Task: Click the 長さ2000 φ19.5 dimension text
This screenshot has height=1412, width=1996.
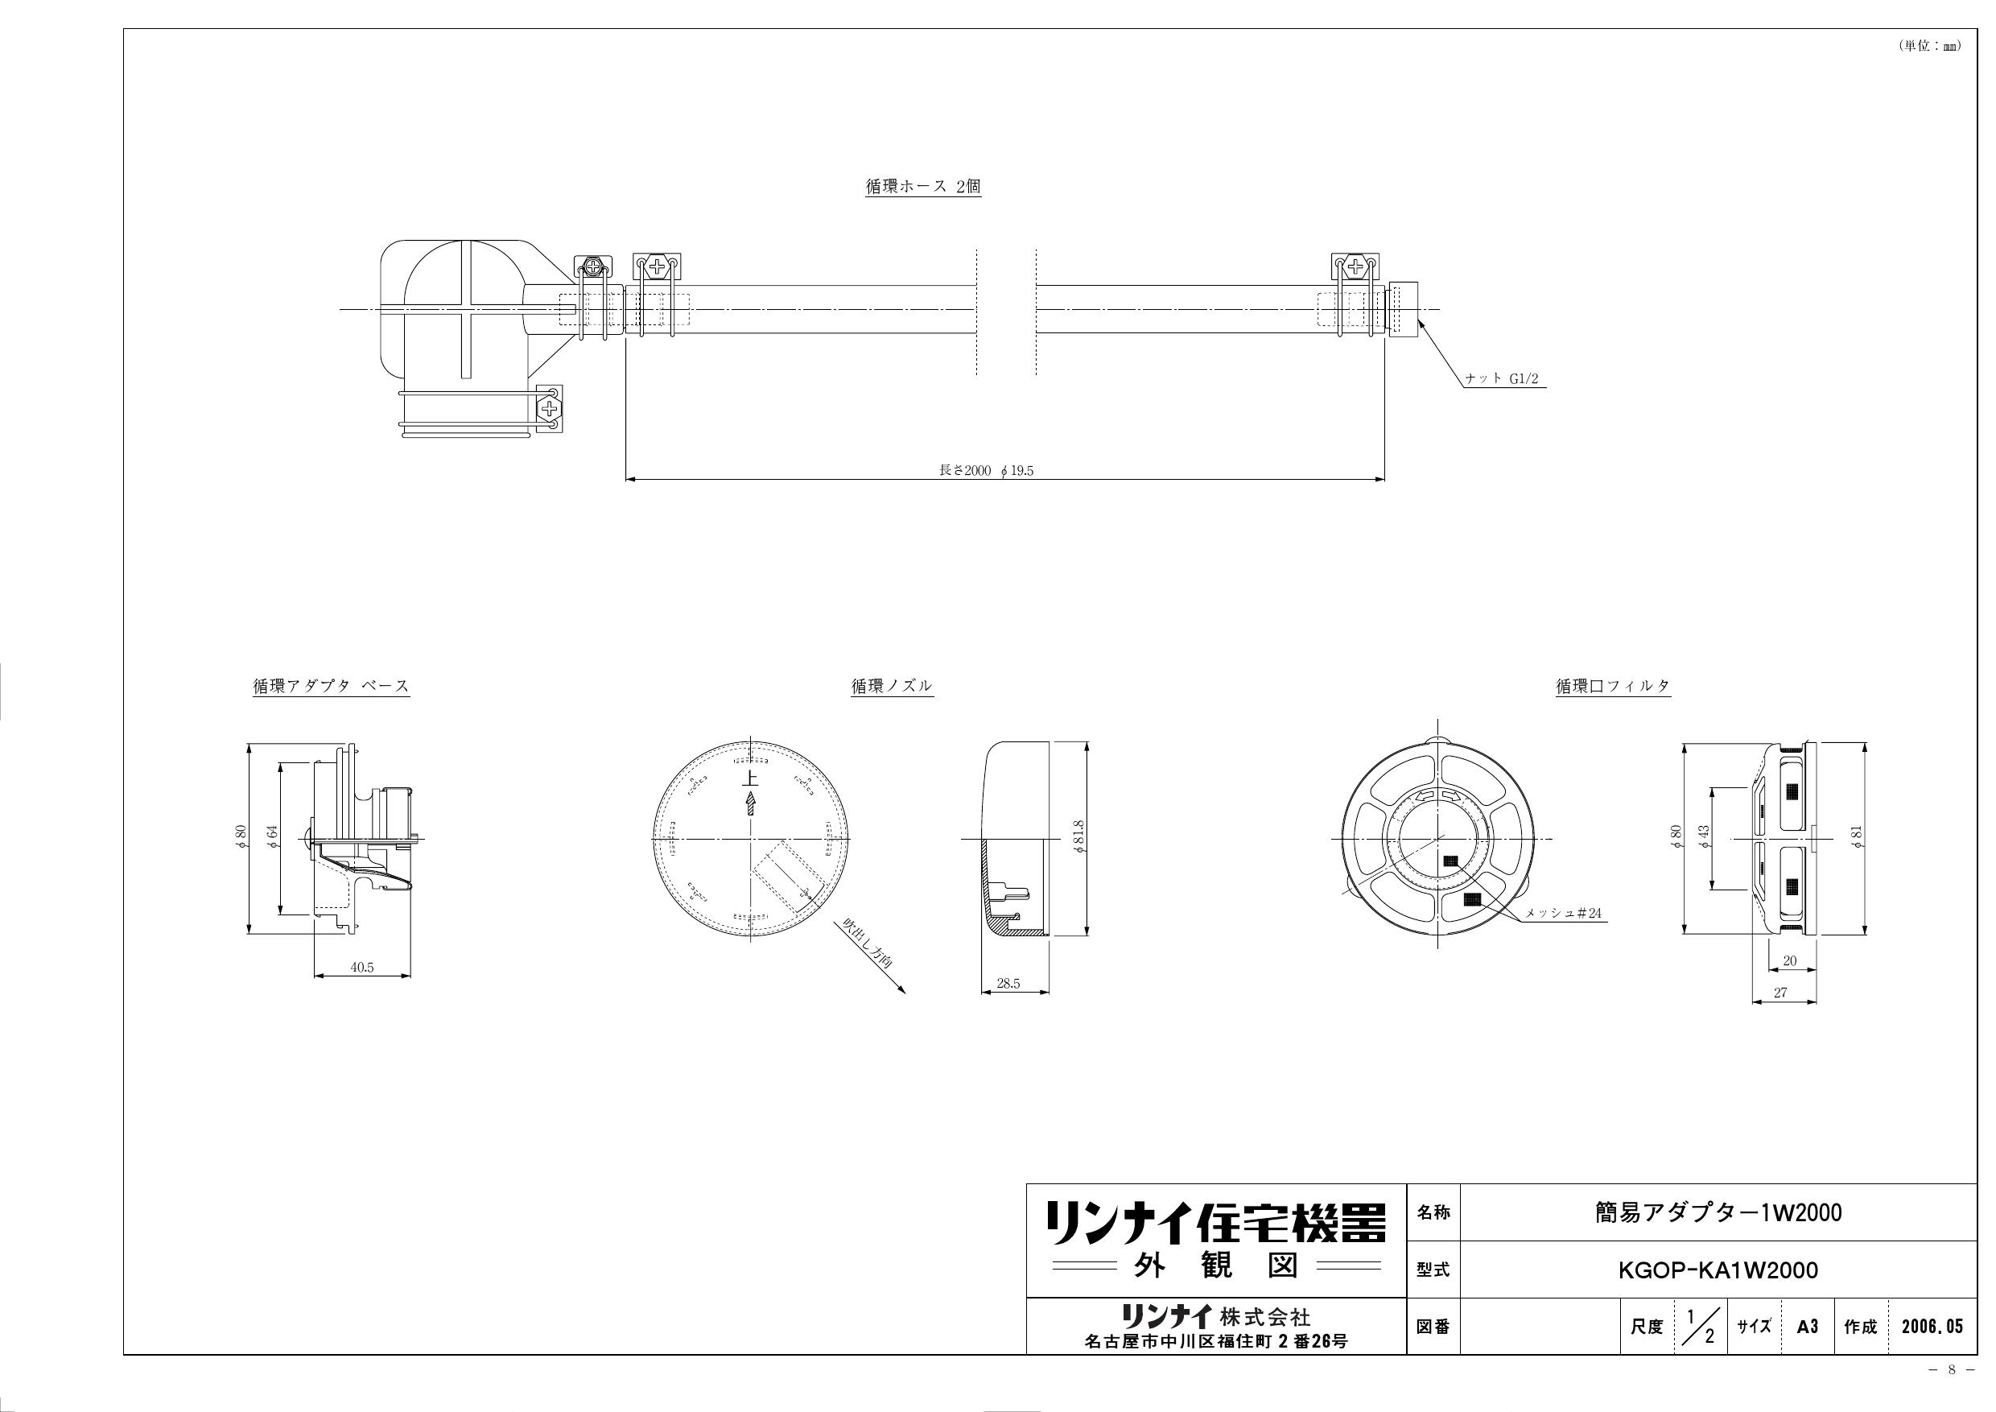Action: [x=987, y=470]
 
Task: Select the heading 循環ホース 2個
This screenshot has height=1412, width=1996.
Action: [x=922, y=186]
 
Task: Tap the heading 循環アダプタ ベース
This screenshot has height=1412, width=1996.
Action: [x=330, y=686]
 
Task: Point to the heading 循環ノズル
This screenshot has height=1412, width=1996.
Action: [x=891, y=686]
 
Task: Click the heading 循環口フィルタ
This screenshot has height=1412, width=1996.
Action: [x=1613, y=686]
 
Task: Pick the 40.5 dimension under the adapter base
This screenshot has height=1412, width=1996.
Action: [x=361, y=968]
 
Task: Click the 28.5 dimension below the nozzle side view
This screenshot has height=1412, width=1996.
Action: [x=1008, y=985]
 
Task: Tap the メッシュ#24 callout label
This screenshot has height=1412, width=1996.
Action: [x=1563, y=914]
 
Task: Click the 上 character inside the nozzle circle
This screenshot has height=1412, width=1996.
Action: [x=749, y=778]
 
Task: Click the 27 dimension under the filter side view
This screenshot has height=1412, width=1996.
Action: [x=1779, y=992]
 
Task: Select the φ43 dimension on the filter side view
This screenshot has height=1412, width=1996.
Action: [x=1703, y=838]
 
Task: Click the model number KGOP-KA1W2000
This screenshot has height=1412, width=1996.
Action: [x=1717, y=1270]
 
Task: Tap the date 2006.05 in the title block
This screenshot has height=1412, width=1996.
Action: [x=1932, y=1327]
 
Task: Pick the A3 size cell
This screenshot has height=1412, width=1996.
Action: [x=1808, y=1327]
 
